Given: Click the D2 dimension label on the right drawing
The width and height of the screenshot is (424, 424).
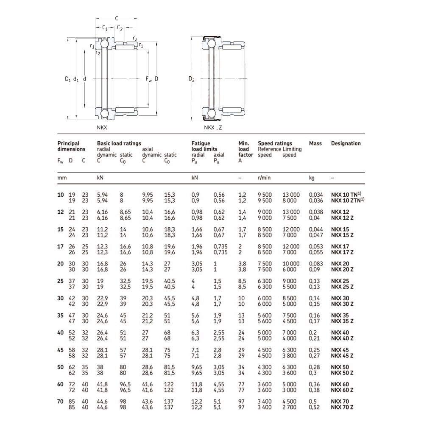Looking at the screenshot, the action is (x=192, y=79).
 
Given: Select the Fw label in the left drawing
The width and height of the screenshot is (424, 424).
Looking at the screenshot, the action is (x=149, y=79).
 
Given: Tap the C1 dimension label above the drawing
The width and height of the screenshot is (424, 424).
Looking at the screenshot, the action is (x=105, y=28).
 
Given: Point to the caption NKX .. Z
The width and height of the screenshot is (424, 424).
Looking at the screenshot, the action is (x=213, y=128).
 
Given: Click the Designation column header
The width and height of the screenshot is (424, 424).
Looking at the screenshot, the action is (x=346, y=143).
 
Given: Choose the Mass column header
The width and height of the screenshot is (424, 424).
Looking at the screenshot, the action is (x=315, y=143).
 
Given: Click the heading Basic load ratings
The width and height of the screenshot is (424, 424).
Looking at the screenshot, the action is (x=119, y=143).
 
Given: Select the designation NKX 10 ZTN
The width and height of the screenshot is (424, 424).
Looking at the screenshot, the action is (x=348, y=201).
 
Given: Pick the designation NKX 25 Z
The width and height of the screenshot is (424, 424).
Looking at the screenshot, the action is (x=342, y=287).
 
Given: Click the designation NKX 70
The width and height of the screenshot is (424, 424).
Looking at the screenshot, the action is (x=340, y=402).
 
